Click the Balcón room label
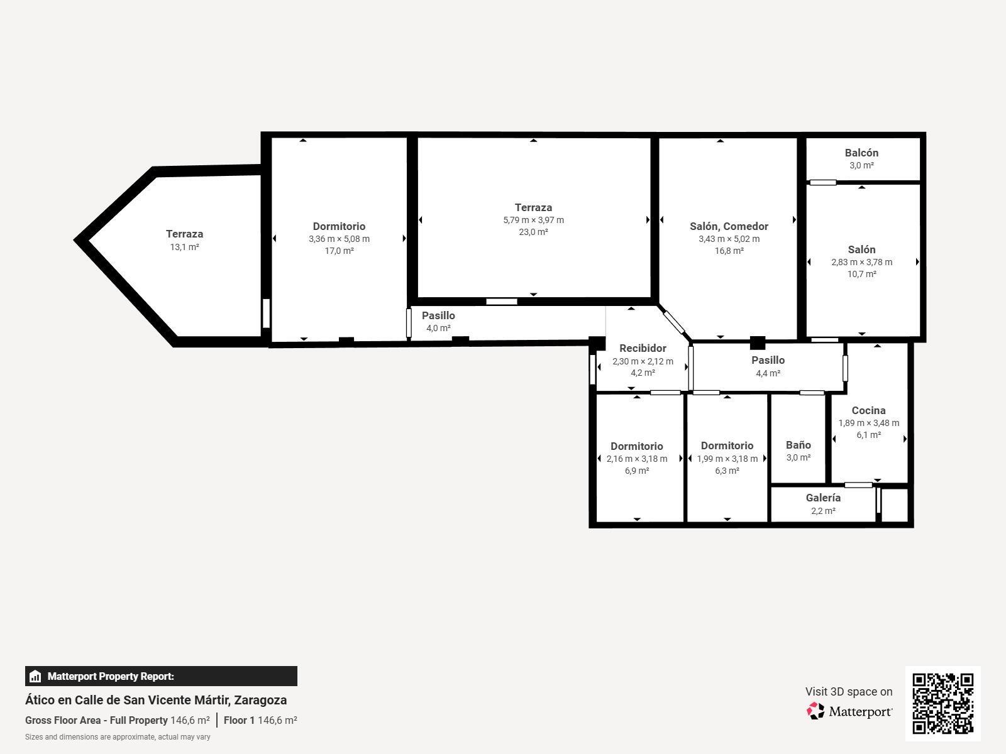(861, 153)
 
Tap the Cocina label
(868, 410)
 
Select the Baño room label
(798, 445)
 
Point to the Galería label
(823, 498)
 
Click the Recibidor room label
(643, 348)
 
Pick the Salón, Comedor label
(729, 226)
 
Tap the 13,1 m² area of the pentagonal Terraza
(184, 247)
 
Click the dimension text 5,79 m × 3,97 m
(533, 220)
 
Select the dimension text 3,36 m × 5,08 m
(339, 239)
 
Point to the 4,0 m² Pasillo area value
(438, 328)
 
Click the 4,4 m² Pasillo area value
(768, 373)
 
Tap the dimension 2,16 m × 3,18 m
(636, 459)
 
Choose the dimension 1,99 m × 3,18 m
(727, 459)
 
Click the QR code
(942, 703)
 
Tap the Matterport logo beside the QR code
(849, 711)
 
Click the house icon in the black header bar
(35, 677)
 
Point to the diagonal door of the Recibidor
(674, 322)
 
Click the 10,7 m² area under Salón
(861, 274)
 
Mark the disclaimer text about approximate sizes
(118, 737)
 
